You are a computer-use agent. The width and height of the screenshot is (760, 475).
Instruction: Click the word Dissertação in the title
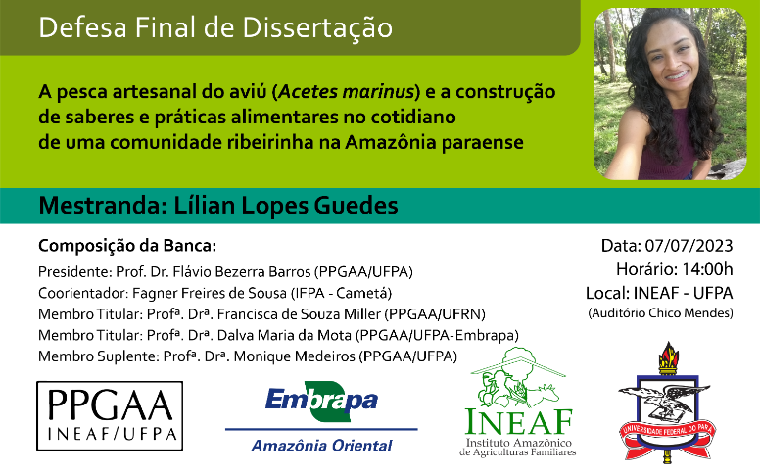pos(317,27)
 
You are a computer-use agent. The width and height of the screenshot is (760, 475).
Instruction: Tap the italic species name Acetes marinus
pos(347,91)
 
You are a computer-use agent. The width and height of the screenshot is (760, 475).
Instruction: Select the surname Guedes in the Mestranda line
pos(356,205)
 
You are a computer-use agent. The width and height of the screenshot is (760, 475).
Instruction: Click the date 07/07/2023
pos(689,246)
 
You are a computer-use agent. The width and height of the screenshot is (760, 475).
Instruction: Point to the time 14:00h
pos(708,269)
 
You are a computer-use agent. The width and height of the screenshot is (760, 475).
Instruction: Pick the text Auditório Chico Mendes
pos(660,313)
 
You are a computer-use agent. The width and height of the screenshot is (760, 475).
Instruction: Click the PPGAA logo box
pos(110,416)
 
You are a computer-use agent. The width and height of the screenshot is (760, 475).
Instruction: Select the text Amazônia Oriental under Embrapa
pos(321,446)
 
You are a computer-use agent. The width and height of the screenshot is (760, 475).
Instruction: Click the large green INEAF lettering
pos(519,422)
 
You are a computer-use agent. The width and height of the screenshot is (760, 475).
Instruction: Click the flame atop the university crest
pos(668,354)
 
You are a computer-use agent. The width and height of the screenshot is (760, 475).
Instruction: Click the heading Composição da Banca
pos(127,246)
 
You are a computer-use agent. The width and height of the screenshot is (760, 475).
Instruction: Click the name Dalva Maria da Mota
pos(284,335)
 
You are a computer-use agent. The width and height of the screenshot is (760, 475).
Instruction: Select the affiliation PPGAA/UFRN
pos(435,314)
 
